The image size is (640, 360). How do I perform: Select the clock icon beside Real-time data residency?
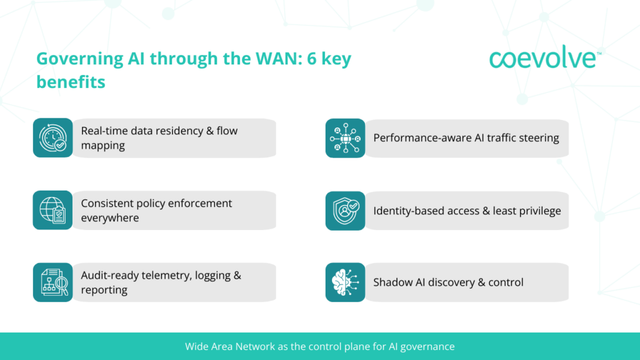(x=52, y=137)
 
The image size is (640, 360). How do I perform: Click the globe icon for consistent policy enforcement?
(x=52, y=210)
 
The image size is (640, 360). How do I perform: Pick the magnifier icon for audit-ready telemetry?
(x=52, y=282)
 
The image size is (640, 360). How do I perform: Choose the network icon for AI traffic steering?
(x=345, y=137)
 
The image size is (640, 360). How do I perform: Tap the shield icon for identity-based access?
(x=345, y=210)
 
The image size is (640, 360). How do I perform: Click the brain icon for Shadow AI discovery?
(x=345, y=282)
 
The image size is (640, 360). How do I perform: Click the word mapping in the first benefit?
(x=103, y=146)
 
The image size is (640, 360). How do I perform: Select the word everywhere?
(x=110, y=218)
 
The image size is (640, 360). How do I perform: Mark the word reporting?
(x=104, y=290)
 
